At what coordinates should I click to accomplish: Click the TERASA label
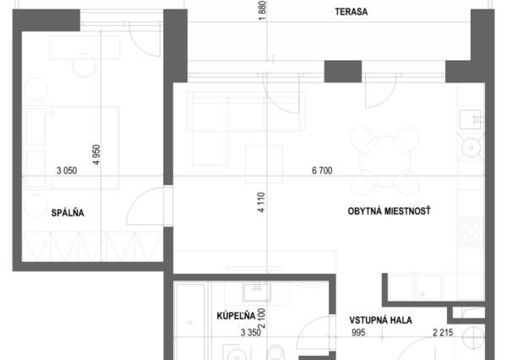(352, 12)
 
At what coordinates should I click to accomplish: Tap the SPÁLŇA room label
(68, 212)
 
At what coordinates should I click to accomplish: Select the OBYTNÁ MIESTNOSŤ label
(389, 211)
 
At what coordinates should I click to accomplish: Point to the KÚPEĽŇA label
(236, 315)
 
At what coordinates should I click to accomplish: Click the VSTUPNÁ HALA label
(380, 320)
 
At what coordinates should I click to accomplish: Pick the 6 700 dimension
(322, 171)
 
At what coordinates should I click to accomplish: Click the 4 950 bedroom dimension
(96, 155)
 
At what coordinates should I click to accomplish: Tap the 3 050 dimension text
(67, 171)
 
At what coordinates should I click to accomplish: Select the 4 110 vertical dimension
(261, 202)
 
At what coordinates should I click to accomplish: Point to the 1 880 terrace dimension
(262, 10)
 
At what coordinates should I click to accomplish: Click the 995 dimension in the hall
(358, 332)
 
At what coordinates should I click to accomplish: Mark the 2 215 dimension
(443, 332)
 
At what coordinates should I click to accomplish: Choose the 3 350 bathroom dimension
(251, 332)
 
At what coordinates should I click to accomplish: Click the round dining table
(384, 161)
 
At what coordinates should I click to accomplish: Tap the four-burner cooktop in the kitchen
(471, 231)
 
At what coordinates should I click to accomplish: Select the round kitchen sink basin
(472, 148)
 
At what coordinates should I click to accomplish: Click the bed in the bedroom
(72, 148)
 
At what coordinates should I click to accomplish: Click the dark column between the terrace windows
(343, 72)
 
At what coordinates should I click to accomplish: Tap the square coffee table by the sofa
(264, 164)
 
